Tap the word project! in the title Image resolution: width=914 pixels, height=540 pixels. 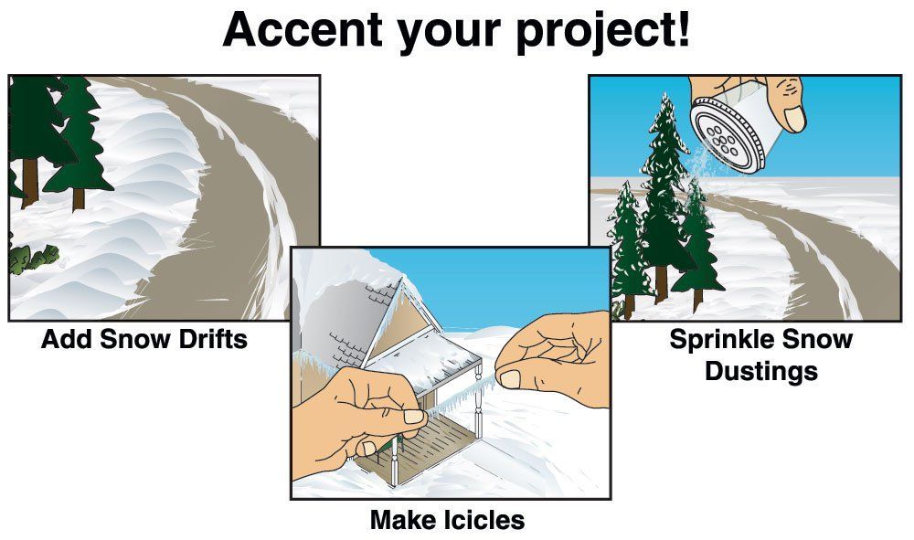[x=602, y=32]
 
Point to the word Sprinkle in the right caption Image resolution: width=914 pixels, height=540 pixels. [x=722, y=340]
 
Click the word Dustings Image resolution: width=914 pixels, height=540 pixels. [x=761, y=372]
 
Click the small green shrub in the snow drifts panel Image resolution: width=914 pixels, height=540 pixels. [x=35, y=258]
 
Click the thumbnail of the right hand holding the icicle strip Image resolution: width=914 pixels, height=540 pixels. [x=511, y=379]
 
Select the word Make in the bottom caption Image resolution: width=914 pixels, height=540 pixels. [x=401, y=520]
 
